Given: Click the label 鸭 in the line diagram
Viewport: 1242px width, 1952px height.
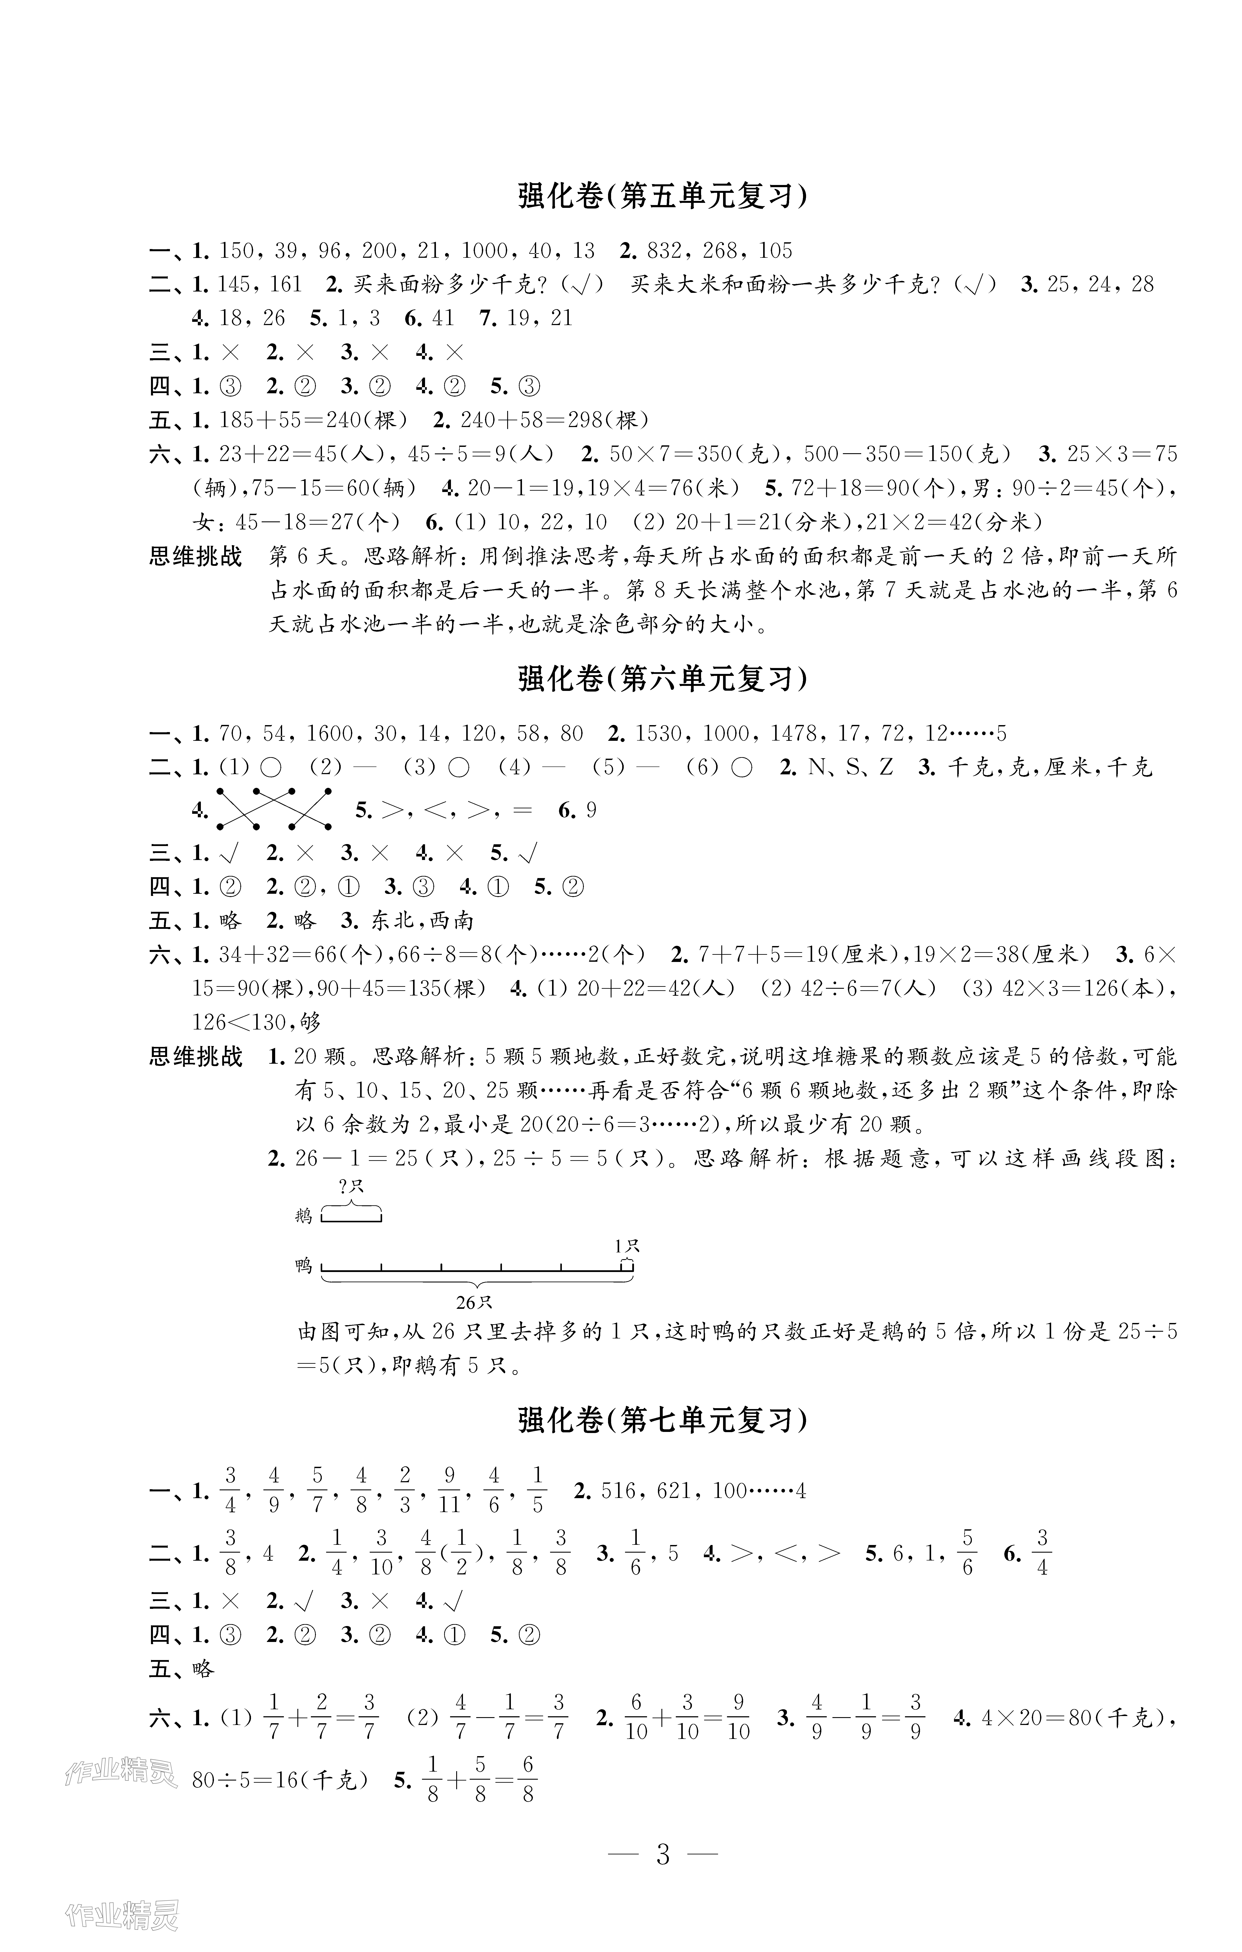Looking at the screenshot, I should click(304, 1265).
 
